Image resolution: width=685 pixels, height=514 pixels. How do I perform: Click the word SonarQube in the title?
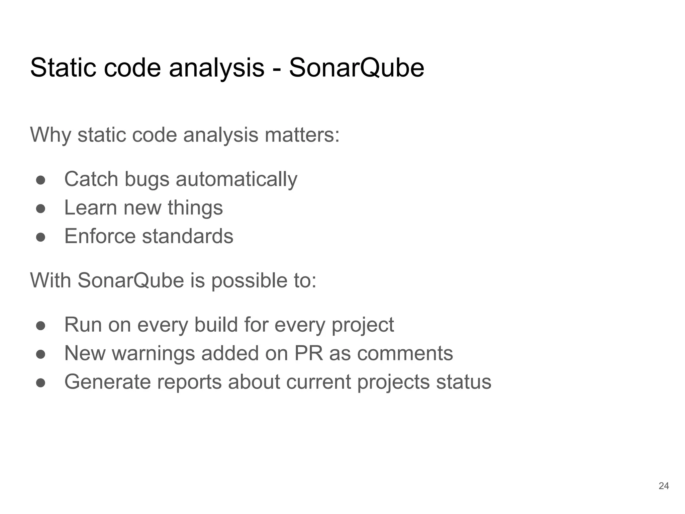[357, 68]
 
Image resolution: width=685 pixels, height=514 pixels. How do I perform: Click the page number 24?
[664, 486]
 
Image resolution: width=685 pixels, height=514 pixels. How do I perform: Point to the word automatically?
[236, 179]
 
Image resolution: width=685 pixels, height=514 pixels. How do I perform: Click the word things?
[195, 208]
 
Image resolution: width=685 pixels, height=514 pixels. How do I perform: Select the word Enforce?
[100, 236]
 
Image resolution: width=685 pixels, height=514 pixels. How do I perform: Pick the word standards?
[188, 236]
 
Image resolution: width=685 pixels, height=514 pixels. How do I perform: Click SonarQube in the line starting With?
[131, 280]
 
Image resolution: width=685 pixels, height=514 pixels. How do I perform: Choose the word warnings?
[153, 353]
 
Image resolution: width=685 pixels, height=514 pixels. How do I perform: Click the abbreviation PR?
[309, 353]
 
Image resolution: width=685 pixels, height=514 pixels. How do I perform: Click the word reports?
[189, 382]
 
